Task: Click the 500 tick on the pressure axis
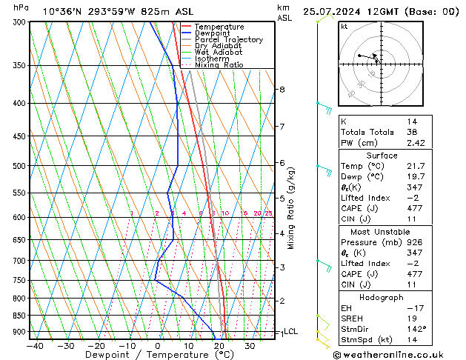[x=19, y=166]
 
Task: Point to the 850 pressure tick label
[x=19, y=316]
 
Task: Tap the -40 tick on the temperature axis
[x=34, y=346]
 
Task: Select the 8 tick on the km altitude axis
[x=282, y=90]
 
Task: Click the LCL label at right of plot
[x=290, y=332]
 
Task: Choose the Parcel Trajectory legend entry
[x=228, y=40]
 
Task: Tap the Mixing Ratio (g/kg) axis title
[x=291, y=208]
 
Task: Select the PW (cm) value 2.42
[x=415, y=143]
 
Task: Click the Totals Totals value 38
[x=412, y=132]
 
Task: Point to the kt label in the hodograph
[x=344, y=27]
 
